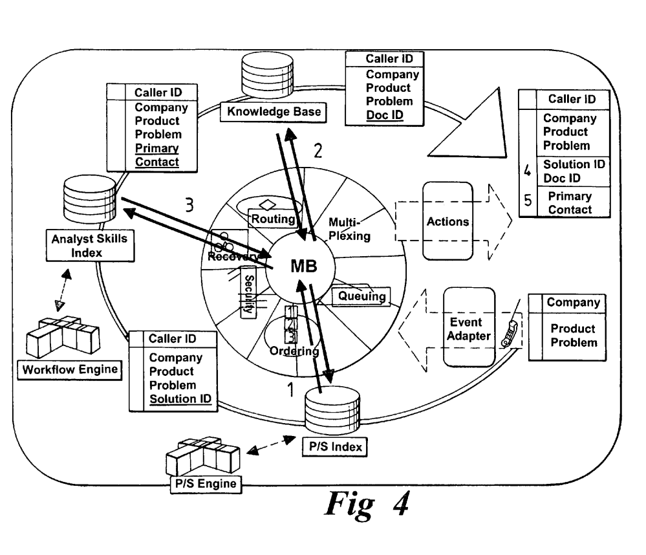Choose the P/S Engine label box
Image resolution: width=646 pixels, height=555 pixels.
tap(200, 483)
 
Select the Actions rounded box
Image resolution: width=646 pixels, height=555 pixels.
tap(447, 221)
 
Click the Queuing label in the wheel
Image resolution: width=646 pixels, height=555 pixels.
tap(362, 296)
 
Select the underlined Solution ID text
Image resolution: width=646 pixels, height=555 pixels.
tap(180, 398)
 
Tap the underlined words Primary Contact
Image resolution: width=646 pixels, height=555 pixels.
tap(156, 155)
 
